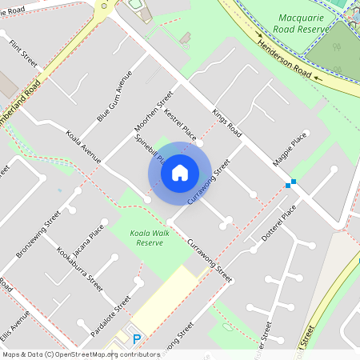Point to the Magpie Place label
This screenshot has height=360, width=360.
pos(290,150)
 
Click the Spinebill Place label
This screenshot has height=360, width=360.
pos(150,148)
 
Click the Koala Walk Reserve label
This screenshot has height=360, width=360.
pos(149,237)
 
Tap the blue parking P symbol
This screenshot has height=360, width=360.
pos(136,339)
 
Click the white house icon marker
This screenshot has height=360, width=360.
pos(180,172)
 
